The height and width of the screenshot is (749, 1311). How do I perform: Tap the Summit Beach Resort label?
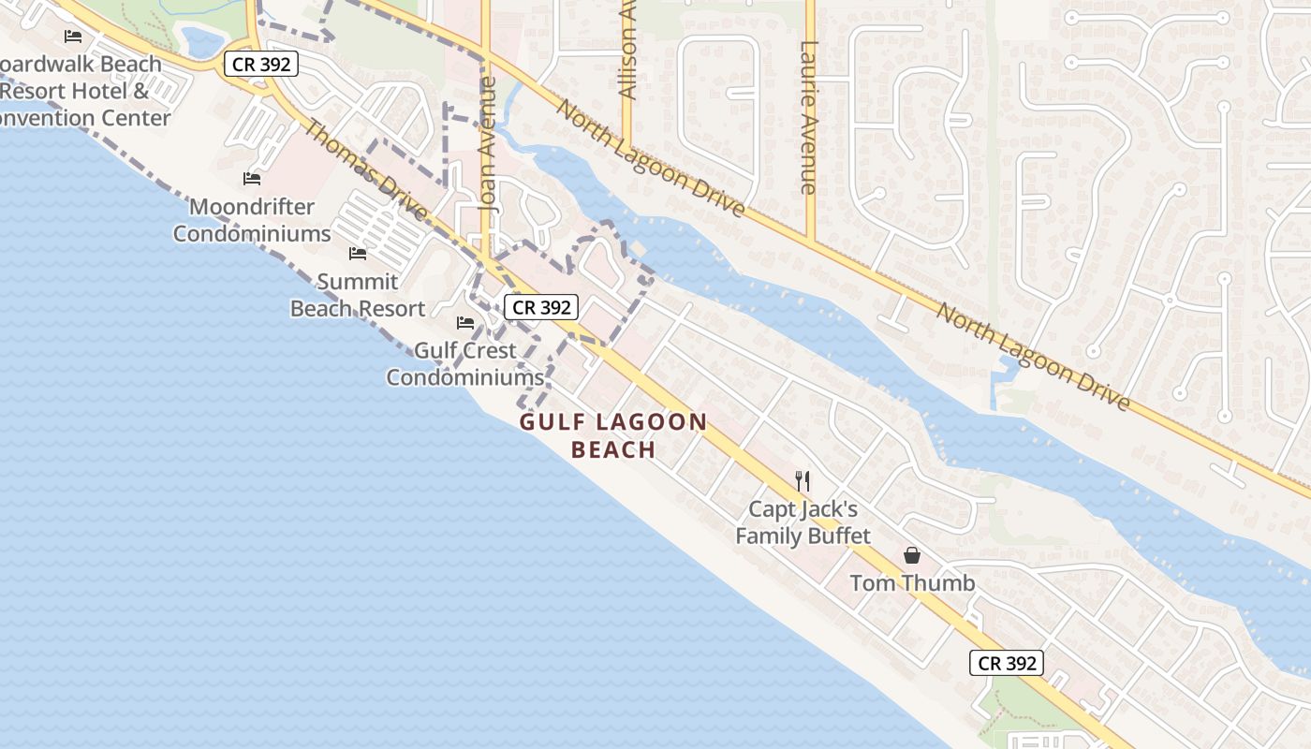pos(358,295)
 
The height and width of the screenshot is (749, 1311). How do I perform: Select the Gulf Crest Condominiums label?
pos(465,364)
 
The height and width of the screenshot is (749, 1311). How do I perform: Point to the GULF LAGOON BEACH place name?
pos(613,435)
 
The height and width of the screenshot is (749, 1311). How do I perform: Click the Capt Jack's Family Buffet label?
pos(803,523)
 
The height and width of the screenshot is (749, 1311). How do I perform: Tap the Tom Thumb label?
pos(912,583)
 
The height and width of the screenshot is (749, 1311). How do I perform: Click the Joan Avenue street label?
pos(487,154)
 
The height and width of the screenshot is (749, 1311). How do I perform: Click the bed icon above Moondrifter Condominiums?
pos(251,178)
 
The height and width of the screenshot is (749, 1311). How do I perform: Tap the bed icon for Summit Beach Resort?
pos(358,253)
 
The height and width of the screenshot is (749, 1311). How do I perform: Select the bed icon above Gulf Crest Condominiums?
pos(465,323)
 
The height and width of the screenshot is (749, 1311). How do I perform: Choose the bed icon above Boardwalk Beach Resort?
pos(73,37)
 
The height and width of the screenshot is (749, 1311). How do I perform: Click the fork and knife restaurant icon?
pos(803,481)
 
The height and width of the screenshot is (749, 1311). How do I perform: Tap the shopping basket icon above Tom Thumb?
pos(912,555)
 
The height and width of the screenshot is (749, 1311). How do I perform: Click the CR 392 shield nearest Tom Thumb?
pos(1006,663)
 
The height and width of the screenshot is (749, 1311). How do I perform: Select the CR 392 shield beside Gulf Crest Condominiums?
pos(541,306)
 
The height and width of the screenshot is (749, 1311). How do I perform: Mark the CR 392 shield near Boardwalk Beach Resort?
pos(261,64)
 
